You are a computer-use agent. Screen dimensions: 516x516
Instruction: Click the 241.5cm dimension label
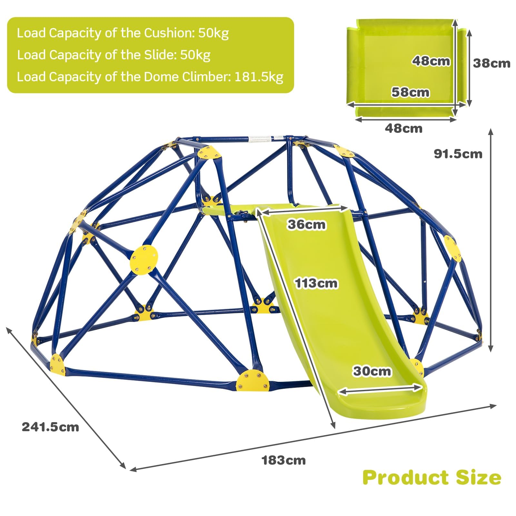[x=50, y=427]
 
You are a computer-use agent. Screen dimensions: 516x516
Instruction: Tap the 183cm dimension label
[x=284, y=460]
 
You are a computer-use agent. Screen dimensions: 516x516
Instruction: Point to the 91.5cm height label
[x=458, y=154]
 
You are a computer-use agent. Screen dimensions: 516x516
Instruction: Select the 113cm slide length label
[x=316, y=283]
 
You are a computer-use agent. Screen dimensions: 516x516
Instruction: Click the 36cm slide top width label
[x=307, y=224]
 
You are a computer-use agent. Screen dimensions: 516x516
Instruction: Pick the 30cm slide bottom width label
[x=372, y=371]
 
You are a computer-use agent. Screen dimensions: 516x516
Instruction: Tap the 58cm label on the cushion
[x=411, y=92]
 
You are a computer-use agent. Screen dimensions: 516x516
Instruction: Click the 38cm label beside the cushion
[x=492, y=63]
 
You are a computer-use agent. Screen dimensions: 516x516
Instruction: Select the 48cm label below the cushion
[x=403, y=128]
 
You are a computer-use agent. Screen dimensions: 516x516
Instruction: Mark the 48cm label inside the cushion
[x=431, y=61]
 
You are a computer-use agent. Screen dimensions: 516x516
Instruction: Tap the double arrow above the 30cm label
[x=380, y=389]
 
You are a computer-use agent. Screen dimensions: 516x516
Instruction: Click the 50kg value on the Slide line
[x=195, y=55]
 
